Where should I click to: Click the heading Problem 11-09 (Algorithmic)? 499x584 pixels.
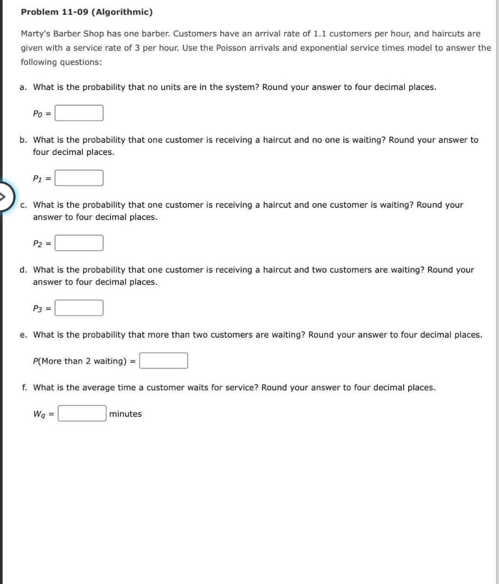[86, 12]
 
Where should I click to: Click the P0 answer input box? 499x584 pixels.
[79, 113]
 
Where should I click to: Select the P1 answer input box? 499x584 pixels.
[79, 178]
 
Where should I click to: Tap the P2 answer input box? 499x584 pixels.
[79, 243]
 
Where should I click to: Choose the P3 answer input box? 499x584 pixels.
[79, 308]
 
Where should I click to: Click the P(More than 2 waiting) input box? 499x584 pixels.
[164, 361]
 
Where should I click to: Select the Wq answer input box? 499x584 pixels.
[82, 414]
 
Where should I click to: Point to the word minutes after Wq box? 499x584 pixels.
[125, 414]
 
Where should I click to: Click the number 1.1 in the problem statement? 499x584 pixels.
[320, 34]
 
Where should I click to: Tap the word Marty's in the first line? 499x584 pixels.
[36, 34]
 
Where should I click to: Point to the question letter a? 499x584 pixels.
[23, 87]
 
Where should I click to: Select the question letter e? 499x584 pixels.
[23, 335]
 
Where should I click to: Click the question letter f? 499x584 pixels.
[24, 388]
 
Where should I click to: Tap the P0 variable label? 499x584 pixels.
[38, 114]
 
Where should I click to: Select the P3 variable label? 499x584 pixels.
[38, 308]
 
